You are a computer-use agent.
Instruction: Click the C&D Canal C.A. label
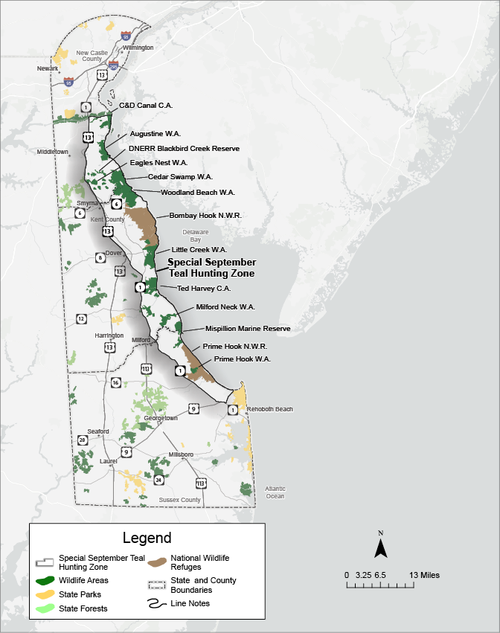[146, 106]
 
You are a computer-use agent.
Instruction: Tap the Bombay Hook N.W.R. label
[205, 216]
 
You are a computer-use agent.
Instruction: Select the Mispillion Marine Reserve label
[248, 328]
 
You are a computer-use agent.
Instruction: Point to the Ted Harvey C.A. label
[204, 287]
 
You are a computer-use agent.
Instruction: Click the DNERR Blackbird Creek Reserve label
[184, 149]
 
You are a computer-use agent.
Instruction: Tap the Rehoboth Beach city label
[271, 409]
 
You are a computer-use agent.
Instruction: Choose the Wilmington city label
[138, 48]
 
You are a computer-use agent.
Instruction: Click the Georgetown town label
[161, 418]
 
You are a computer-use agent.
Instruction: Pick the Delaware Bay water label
[195, 236]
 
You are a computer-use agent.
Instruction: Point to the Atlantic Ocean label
[275, 492]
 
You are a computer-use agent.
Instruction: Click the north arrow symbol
[380, 549]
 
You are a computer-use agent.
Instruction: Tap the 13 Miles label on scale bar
[424, 575]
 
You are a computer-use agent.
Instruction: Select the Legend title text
[147, 538]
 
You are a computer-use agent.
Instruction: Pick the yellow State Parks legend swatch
[45, 594]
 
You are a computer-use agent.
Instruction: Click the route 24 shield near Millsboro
[158, 480]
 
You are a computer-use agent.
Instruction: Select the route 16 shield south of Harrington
[115, 382]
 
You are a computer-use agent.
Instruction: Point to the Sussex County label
[180, 500]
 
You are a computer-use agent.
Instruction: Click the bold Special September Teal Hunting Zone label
[211, 268]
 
